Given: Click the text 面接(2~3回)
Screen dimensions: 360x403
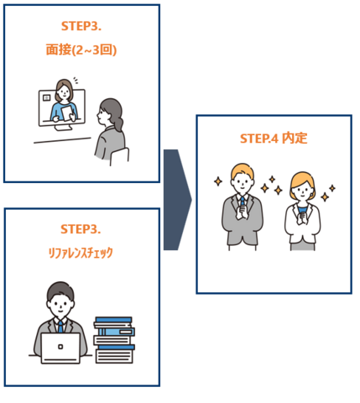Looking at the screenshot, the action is [x=81, y=50].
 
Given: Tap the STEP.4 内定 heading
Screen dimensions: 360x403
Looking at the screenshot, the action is [x=274, y=139].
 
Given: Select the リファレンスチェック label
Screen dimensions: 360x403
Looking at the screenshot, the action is [x=81, y=253].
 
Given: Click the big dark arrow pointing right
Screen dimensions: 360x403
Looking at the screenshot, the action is [x=177, y=200].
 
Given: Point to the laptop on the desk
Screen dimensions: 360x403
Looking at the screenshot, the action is [x=60, y=348].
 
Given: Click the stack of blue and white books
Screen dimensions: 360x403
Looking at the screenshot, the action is [x=114, y=340].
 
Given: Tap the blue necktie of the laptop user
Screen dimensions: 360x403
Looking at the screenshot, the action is [x=60, y=327].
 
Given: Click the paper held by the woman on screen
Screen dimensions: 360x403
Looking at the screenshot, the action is [x=67, y=113].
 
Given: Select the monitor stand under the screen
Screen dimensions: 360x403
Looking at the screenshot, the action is [x=64, y=128].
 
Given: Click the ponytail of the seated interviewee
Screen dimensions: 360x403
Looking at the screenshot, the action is [x=119, y=123].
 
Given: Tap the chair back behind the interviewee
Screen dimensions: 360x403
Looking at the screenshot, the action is [x=119, y=156].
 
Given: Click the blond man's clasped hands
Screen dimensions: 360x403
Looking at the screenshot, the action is [x=242, y=212].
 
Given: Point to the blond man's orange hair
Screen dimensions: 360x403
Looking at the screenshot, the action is [x=243, y=170].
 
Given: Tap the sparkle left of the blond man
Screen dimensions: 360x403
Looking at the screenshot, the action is [x=218, y=181].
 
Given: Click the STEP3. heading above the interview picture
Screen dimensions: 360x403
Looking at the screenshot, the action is [x=81, y=26].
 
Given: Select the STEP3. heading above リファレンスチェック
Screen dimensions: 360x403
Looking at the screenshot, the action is [x=81, y=229].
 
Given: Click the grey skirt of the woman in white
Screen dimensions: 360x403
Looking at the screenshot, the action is [x=303, y=247].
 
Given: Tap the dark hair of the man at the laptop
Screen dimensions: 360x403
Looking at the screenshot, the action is [x=60, y=291].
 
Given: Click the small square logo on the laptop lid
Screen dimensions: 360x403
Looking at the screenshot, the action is [x=60, y=347].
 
